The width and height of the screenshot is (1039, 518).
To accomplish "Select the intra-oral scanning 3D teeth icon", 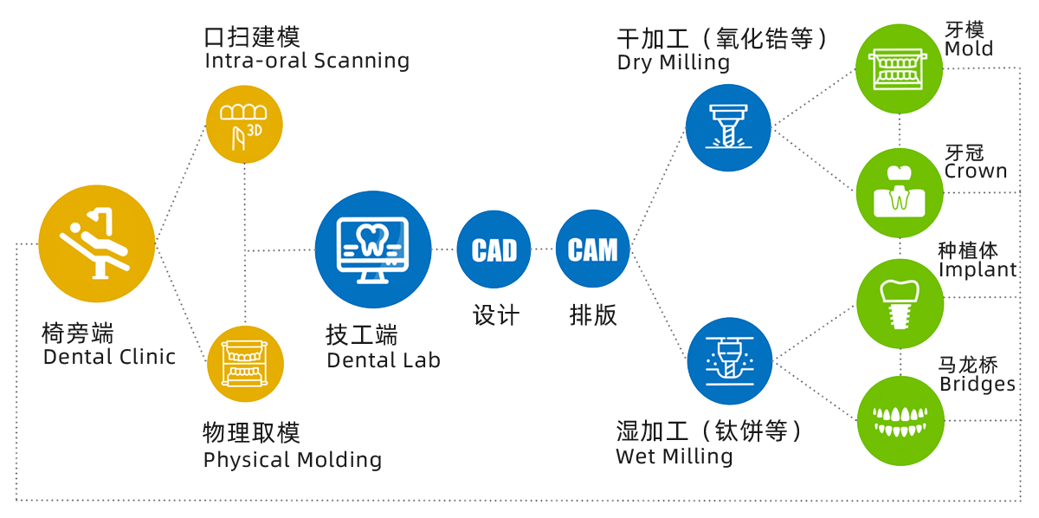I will click(x=244, y=124).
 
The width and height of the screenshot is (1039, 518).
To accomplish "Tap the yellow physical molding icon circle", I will click(x=245, y=364).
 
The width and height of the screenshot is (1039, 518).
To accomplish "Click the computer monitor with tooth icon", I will click(x=373, y=250).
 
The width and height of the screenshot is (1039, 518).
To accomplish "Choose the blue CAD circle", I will click(x=494, y=249).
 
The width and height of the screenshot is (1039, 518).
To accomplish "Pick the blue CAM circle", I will click(x=592, y=249).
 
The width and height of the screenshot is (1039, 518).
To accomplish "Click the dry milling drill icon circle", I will click(x=727, y=126).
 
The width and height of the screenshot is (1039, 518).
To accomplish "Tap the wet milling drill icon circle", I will click(x=729, y=362).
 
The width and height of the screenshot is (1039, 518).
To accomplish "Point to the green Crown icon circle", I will click(x=899, y=192).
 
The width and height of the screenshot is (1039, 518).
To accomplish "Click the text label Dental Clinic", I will click(x=108, y=357).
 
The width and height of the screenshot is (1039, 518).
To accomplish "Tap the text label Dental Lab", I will click(x=384, y=359).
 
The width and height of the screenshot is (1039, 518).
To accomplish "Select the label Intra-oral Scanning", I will click(x=307, y=62).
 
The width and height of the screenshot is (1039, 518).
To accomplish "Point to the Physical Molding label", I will click(x=293, y=459).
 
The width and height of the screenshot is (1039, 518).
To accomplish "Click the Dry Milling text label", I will click(x=673, y=62).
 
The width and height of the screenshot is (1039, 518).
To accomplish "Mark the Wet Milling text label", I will click(x=674, y=456).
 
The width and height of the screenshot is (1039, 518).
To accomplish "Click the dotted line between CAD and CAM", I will click(x=543, y=249).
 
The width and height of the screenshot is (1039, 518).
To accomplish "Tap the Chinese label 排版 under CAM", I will click(x=592, y=314).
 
